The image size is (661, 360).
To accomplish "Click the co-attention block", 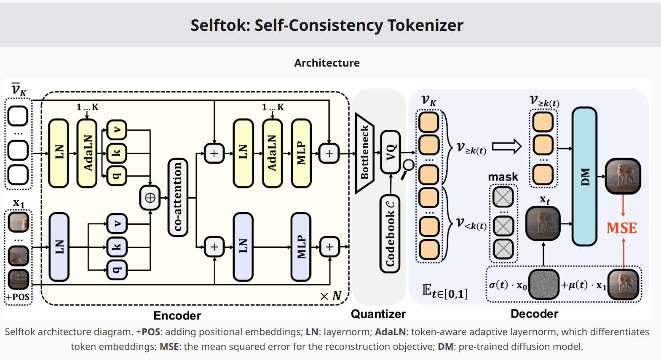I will click(x=177, y=197).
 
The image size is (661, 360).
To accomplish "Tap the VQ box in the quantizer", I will click(x=391, y=152).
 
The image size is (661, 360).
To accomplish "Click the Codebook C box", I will click(x=390, y=234).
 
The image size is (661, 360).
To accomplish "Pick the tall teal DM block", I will click(x=584, y=176).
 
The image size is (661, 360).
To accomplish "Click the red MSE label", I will click(x=621, y=228).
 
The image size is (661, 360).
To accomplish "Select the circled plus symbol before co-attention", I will click(x=150, y=198).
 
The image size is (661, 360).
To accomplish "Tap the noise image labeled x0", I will click(x=543, y=285).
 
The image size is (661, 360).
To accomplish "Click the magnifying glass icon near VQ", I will click(x=407, y=168).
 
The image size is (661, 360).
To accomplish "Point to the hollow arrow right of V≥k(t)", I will click(x=507, y=147).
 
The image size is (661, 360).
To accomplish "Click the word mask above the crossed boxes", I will click(x=503, y=177).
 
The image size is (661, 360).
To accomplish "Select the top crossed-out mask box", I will click(x=503, y=197).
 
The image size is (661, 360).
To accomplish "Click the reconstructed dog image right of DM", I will click(x=623, y=176).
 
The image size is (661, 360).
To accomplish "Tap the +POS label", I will click(x=18, y=297).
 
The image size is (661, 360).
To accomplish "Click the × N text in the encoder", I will click(x=331, y=296).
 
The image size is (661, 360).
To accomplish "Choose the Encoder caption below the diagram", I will click(x=177, y=315).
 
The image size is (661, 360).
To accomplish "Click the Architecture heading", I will click(x=327, y=63).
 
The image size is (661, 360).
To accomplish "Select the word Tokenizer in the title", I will click(x=426, y=25).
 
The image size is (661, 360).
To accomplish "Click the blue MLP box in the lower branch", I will click(x=301, y=247).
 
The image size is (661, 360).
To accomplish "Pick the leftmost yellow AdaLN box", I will click(x=87, y=153).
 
